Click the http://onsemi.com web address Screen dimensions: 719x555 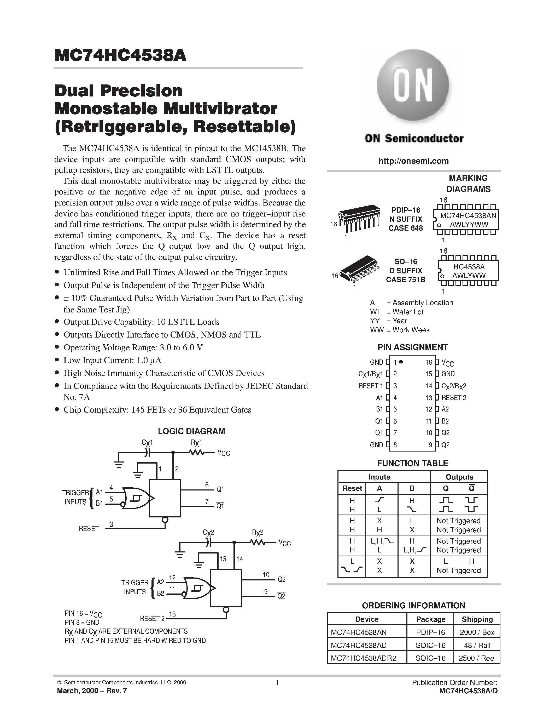pyautogui.click(x=413, y=161)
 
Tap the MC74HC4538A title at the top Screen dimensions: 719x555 pyautogui.click(x=120, y=56)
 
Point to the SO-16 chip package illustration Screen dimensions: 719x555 pyautogui.click(x=359, y=270)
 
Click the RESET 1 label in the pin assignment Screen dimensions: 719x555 pyautogui.click(x=371, y=385)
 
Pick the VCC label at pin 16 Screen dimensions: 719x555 pyautogui.click(x=447, y=363)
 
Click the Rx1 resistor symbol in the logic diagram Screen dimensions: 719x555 pyautogui.click(x=197, y=453)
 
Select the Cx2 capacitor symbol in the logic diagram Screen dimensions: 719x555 pyautogui.click(x=208, y=542)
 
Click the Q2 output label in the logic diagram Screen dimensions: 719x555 pyautogui.click(x=282, y=579)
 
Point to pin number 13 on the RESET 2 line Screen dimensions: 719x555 pyautogui.click(x=172, y=614)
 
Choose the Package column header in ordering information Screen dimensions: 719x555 pyautogui.click(x=430, y=619)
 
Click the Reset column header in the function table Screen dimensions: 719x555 pyautogui.click(x=352, y=488)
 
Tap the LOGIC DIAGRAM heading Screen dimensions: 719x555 pyautogui.click(x=191, y=431)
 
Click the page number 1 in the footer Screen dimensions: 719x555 pyautogui.click(x=277, y=682)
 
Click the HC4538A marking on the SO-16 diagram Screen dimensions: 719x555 pyautogui.click(x=469, y=267)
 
